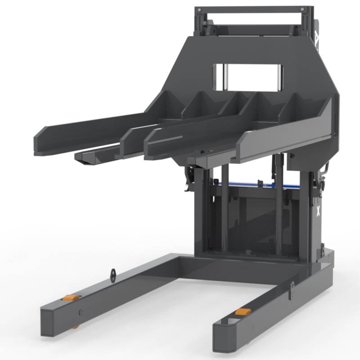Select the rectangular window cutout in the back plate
[247, 76]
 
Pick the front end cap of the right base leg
[225, 337]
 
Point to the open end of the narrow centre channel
[85, 157]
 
